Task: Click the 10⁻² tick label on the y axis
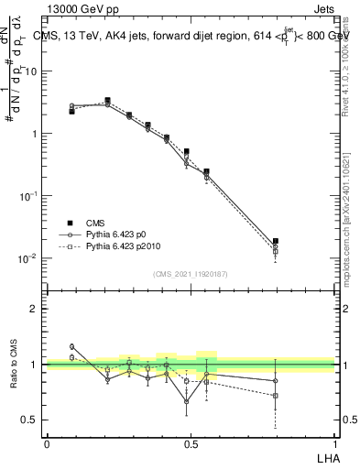point(29,257)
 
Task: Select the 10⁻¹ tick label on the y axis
point(29,195)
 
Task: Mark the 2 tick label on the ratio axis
point(35,309)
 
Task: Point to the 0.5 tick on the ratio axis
point(30,420)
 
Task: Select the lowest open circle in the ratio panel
point(187,401)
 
